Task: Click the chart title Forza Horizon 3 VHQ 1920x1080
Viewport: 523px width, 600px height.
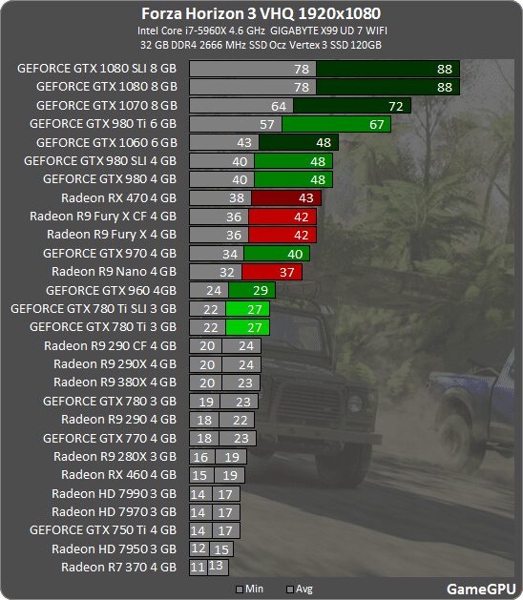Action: [x=261, y=13]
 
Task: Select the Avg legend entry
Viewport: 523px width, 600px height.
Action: [x=298, y=590]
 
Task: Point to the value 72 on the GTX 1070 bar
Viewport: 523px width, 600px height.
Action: [x=396, y=105]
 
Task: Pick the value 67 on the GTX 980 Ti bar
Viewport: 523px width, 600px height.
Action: [x=378, y=124]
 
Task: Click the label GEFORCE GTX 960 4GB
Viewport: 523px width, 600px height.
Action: [x=111, y=290]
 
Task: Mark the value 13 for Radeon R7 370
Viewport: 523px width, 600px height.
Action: [x=217, y=567]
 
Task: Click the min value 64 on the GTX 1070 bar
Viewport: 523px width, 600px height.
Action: [x=279, y=105]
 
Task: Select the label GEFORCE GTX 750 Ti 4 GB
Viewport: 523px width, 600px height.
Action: [x=103, y=529]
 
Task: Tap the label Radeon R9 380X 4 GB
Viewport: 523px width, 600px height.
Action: [x=115, y=382]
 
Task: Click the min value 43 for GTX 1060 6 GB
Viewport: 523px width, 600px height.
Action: [x=245, y=142]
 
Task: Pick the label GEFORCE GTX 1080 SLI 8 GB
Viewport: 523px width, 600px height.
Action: [x=97, y=69]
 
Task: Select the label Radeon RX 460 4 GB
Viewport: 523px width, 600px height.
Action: [x=118, y=474]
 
